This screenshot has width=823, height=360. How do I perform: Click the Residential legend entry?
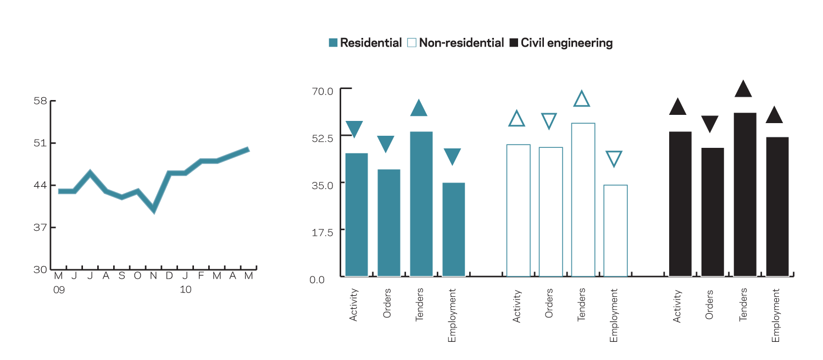[x=365, y=43]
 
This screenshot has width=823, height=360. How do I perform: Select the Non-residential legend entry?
[x=455, y=43]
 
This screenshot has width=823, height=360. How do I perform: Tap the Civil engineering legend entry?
[x=561, y=43]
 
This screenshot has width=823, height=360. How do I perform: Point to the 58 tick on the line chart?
[x=41, y=101]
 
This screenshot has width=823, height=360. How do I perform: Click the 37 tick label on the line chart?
[x=41, y=228]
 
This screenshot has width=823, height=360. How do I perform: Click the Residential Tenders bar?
[x=421, y=203]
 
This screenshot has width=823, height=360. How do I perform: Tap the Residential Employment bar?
[x=454, y=229]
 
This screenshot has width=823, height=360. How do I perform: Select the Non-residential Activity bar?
[x=518, y=210]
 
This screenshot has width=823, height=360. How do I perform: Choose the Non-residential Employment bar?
[x=615, y=230]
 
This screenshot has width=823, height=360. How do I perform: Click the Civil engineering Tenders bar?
[x=744, y=194]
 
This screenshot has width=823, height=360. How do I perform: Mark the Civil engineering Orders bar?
[x=713, y=212]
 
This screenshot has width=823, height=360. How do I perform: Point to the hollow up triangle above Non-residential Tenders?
[x=582, y=99]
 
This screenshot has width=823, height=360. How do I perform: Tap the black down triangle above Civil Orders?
[x=710, y=124]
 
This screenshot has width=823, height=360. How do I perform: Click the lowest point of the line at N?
[x=154, y=210]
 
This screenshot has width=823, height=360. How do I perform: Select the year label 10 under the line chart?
[x=186, y=289]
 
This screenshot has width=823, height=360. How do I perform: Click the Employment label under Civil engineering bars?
[x=776, y=315]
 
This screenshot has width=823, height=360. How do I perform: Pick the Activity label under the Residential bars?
[x=354, y=305]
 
